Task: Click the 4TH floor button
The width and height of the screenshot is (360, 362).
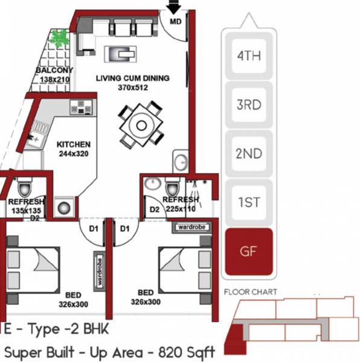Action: [248, 56]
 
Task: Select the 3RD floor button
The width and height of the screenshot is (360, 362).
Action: [248, 104]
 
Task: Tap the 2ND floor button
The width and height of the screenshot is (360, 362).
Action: [248, 153]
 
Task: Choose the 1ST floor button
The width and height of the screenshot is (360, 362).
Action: [248, 202]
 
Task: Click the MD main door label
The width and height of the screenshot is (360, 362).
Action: [175, 21]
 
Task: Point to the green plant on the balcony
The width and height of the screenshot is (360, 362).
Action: [59, 39]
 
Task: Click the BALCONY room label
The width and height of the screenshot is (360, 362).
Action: [55, 70]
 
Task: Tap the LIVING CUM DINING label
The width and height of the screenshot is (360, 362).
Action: [133, 78]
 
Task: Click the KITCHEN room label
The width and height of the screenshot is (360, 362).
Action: [73, 145]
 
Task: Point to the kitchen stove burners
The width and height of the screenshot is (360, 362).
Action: [79, 107]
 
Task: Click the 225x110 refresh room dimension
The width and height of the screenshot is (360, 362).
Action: [181, 209]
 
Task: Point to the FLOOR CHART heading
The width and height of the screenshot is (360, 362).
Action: [250, 292]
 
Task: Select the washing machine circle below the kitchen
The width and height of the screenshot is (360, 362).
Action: [64, 207]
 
